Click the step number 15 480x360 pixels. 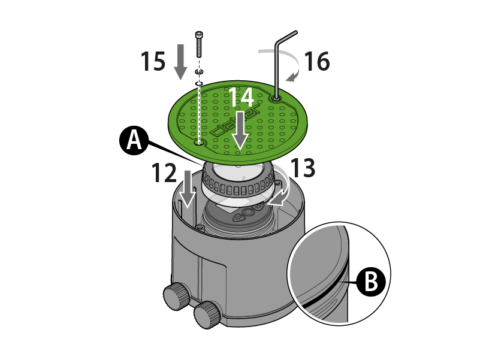[153, 61]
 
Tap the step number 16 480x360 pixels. [316, 61]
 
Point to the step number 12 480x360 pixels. [164, 174]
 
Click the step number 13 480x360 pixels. [303, 169]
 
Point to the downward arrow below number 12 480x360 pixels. [188, 189]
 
